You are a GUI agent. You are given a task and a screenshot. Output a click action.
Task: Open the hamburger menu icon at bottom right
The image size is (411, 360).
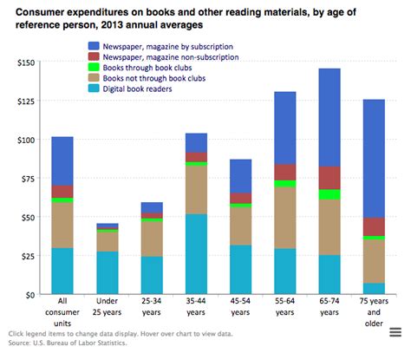(395, 333)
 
